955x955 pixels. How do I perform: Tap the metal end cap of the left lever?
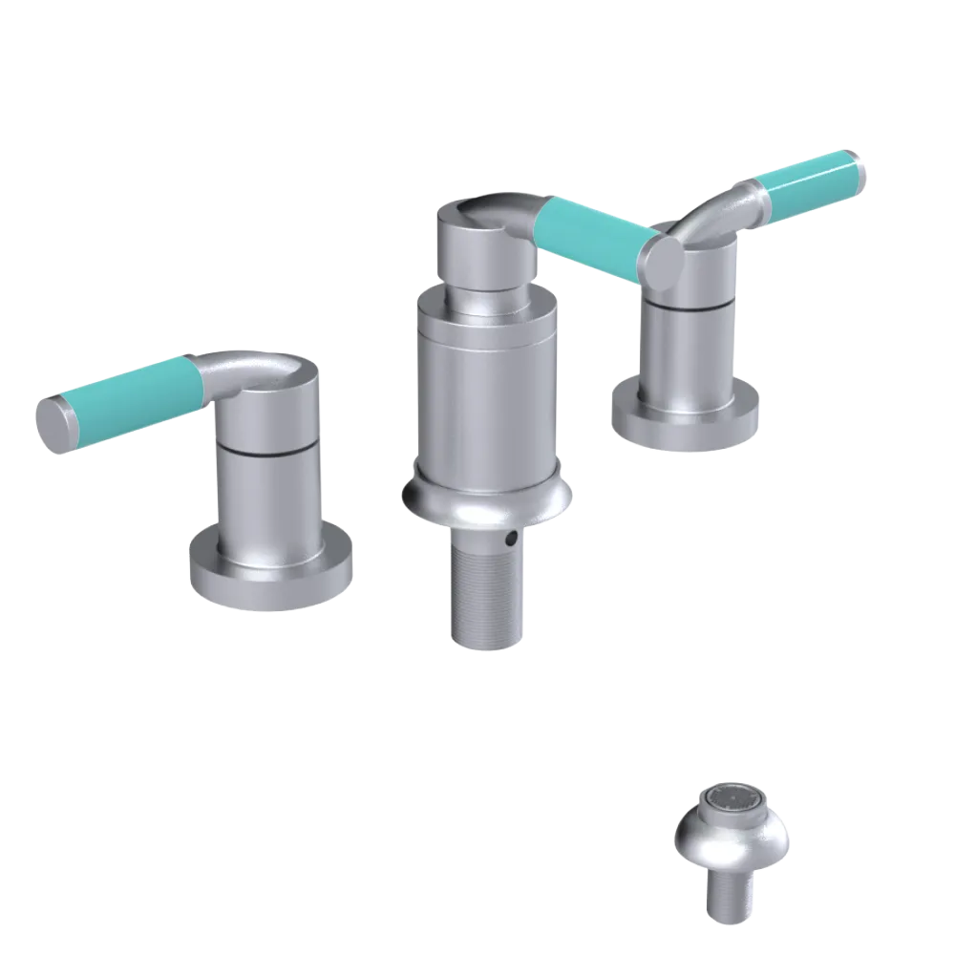55,421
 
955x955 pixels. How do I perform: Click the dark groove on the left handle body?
267,447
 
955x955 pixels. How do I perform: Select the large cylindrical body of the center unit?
487,392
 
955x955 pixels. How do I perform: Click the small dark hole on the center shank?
514,540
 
